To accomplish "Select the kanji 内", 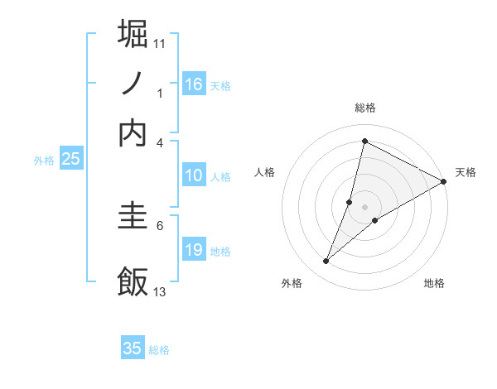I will coord(133,132).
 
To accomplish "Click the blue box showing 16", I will coord(193,84).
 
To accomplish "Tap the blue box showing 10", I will coord(193,175).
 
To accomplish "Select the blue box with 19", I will coord(193,250).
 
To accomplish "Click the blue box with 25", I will coord(70,160).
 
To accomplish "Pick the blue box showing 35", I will coord(132,348).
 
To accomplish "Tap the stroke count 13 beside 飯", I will coord(160,291).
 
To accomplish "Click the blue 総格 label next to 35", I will coord(159,350).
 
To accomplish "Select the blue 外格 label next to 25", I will coord(43,161).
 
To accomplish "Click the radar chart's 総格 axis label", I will coord(364,108).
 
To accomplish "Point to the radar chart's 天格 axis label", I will coord(466,172).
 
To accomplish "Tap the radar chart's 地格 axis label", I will coord(434,284).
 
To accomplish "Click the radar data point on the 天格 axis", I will coord(443,181).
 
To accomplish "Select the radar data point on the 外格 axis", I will coord(326,262).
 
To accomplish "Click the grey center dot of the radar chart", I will coord(364,206).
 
